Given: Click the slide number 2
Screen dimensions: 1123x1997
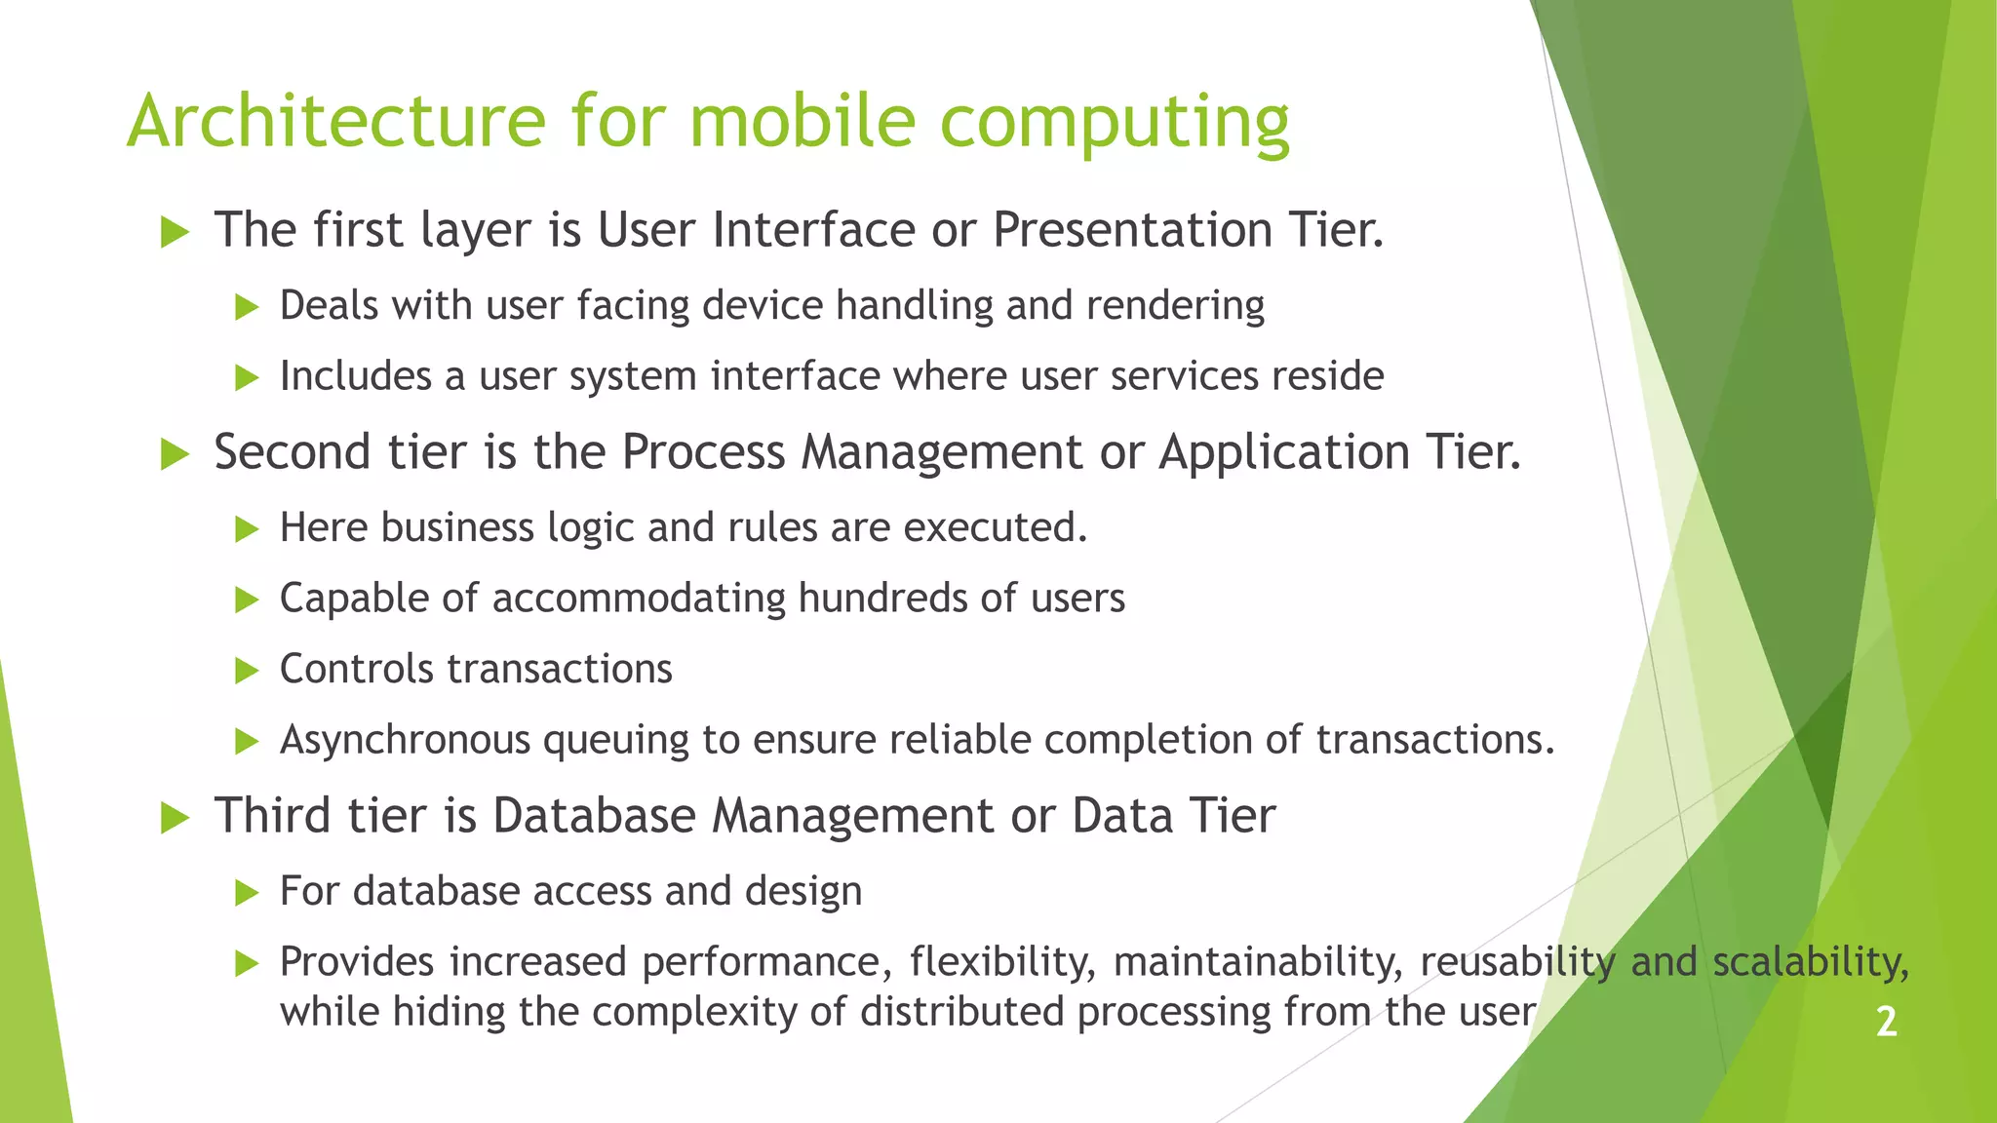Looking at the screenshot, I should [x=1886, y=1022].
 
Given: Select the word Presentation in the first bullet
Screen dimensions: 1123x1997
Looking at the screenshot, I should [x=1132, y=231].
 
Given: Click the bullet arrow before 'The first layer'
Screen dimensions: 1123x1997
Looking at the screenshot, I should [x=175, y=232].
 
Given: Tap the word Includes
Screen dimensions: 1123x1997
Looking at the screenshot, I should [x=355, y=376].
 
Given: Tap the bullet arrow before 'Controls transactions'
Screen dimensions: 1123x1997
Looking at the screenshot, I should [x=247, y=671].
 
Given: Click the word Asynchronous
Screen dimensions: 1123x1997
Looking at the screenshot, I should [x=405, y=741].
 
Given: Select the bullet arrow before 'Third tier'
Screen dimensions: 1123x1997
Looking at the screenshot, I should [x=175, y=818].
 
